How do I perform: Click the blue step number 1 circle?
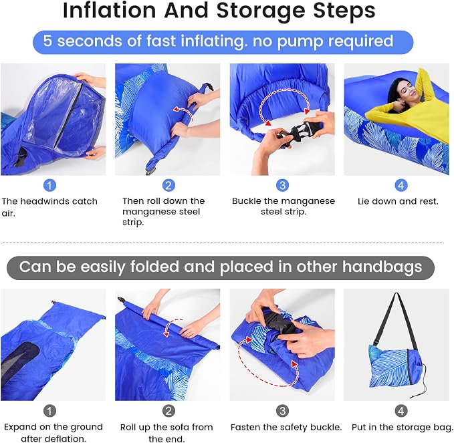[49, 185]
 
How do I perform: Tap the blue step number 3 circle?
[283, 185]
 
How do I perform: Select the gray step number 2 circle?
[168, 411]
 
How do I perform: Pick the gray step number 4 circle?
[401, 411]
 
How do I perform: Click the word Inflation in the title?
[110, 11]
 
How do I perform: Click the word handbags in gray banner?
[382, 267]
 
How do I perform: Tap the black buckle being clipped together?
[298, 134]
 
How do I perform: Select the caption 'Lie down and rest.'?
[398, 201]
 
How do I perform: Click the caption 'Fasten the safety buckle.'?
[286, 427]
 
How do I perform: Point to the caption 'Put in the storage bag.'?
[402, 427]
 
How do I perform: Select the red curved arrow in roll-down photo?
[185, 113]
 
